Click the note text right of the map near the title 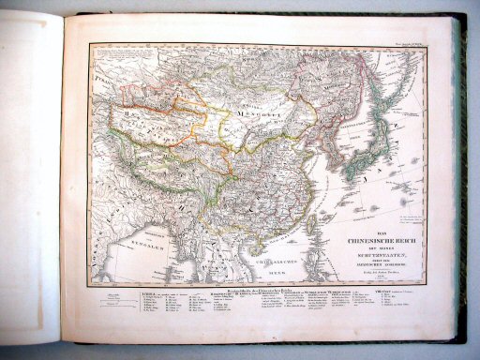click(405, 221)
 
